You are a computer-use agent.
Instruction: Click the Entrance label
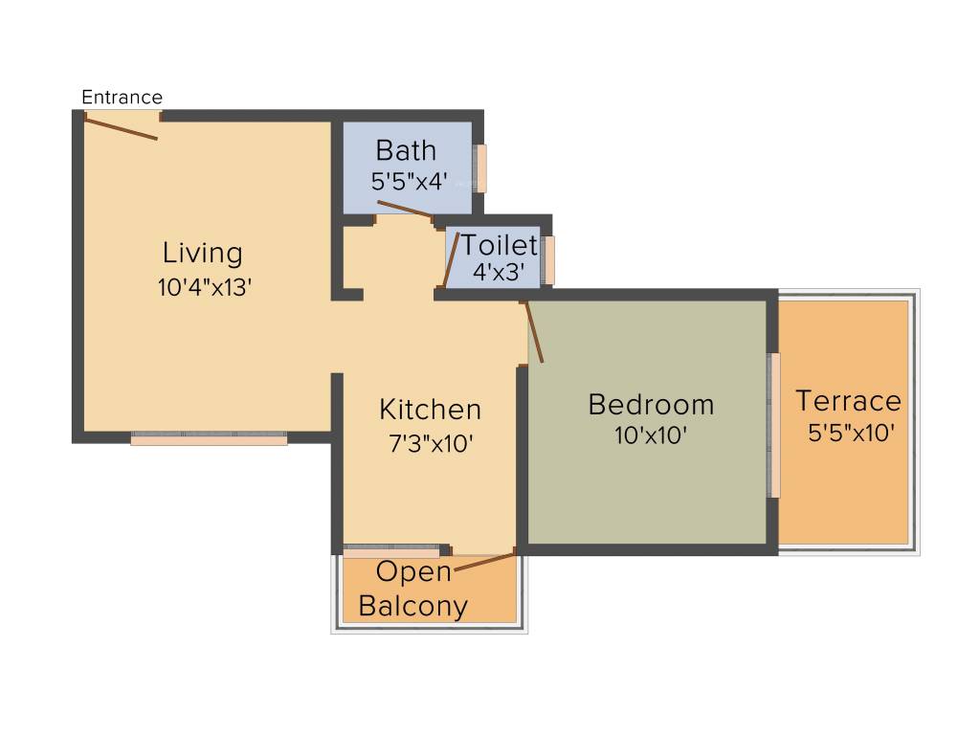click(x=122, y=97)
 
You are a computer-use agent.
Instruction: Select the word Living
click(x=202, y=253)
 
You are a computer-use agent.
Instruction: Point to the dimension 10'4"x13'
click(x=204, y=287)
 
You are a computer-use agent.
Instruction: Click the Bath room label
click(x=406, y=150)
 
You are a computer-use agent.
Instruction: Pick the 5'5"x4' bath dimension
click(x=409, y=181)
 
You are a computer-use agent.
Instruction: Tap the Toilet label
click(x=500, y=245)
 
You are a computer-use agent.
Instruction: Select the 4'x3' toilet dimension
click(x=499, y=271)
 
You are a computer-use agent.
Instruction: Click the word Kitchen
click(x=430, y=410)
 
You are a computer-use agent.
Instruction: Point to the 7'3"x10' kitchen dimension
click(x=429, y=443)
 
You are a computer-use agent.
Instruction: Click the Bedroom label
click(x=651, y=404)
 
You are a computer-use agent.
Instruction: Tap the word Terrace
click(x=848, y=400)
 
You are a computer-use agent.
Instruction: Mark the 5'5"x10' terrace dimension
click(x=851, y=433)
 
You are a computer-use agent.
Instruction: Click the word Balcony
click(x=413, y=606)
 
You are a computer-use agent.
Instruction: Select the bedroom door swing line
click(x=534, y=331)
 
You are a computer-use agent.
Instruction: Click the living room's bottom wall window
click(x=209, y=439)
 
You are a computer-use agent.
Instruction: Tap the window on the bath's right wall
click(x=481, y=168)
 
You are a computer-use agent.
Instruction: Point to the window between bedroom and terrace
click(x=774, y=425)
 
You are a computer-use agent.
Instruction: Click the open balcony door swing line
click(x=485, y=562)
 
